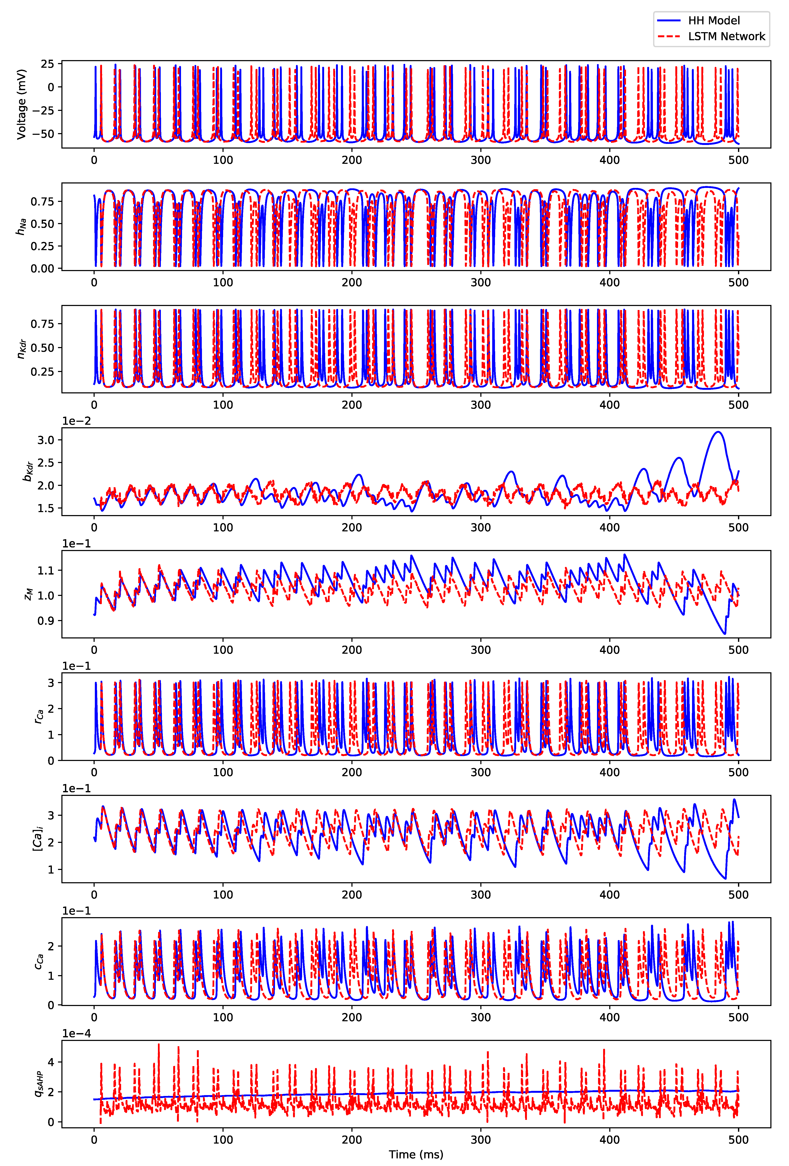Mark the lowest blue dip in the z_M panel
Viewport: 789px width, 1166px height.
[x=724, y=634]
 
